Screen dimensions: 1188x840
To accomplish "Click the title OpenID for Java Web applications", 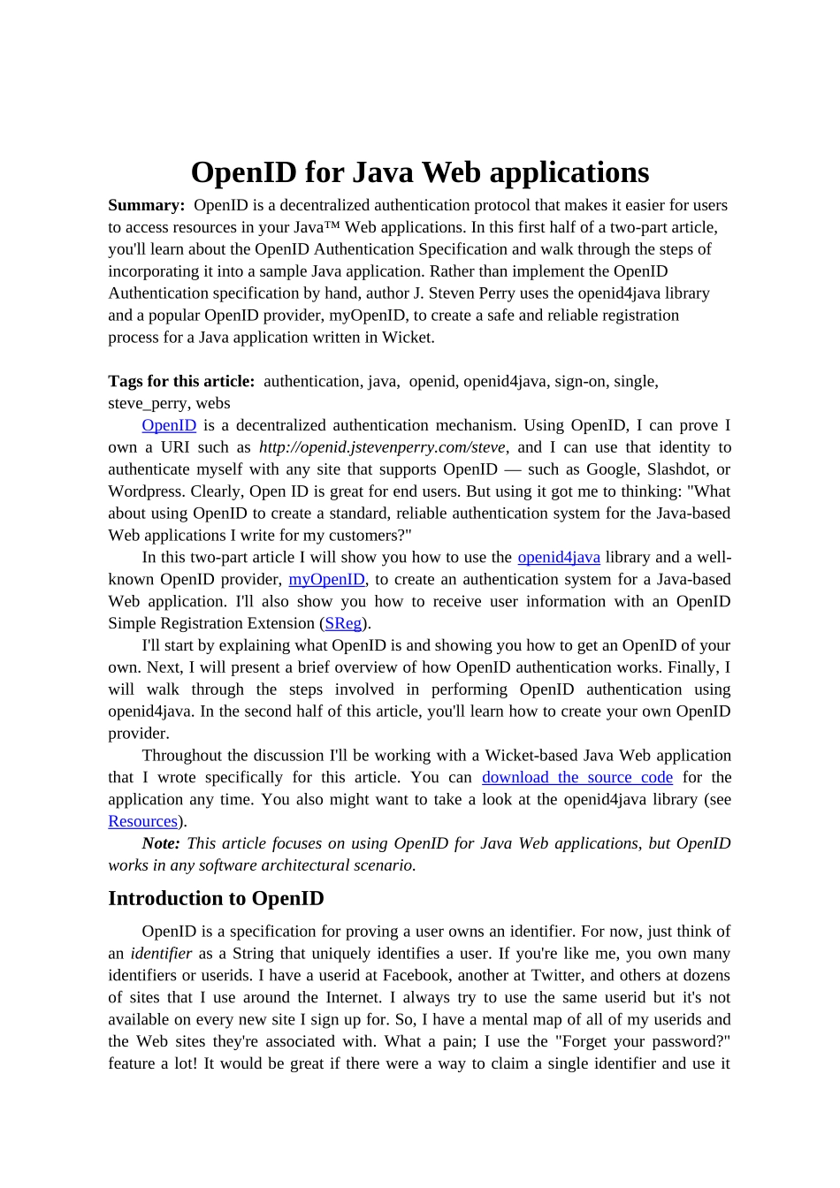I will point(420,172).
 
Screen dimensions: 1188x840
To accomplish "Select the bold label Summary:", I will point(146,205).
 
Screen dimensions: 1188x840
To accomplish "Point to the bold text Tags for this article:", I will point(181,381).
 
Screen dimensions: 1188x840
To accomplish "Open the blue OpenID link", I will point(169,425).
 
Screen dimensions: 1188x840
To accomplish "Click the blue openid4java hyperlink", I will point(559,557).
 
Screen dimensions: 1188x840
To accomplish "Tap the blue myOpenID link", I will point(326,579).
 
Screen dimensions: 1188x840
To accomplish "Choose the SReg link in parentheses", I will point(343,623).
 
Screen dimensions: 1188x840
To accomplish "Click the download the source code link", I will point(577,777).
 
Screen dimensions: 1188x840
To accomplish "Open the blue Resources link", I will point(142,821).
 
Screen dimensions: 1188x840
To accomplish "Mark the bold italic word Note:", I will point(161,843).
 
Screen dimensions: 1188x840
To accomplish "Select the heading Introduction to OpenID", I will point(216,899).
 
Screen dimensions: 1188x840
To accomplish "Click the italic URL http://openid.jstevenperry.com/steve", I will point(382,447).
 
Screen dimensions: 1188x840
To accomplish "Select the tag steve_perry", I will point(147,403).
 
